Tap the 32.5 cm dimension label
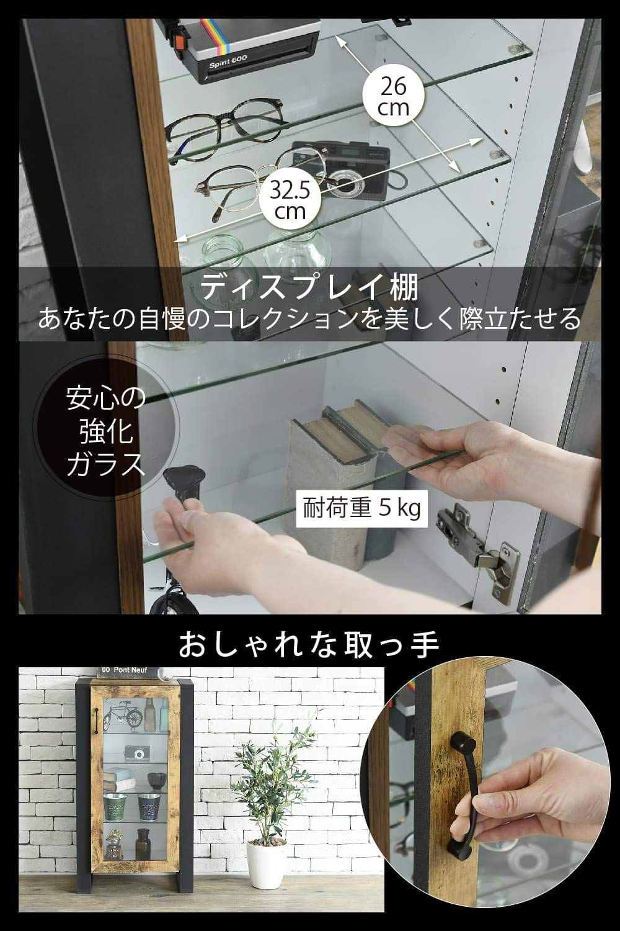tap(291, 200)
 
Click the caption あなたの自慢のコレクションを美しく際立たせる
tap(310, 320)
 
